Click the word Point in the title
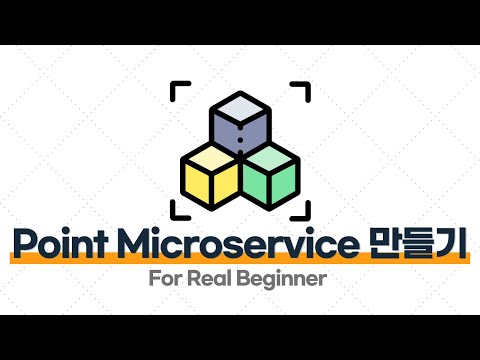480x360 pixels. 61,244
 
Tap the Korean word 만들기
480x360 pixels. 414,244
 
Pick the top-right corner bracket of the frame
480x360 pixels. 300,90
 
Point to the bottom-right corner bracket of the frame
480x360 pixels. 300,210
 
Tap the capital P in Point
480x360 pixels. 22,244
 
